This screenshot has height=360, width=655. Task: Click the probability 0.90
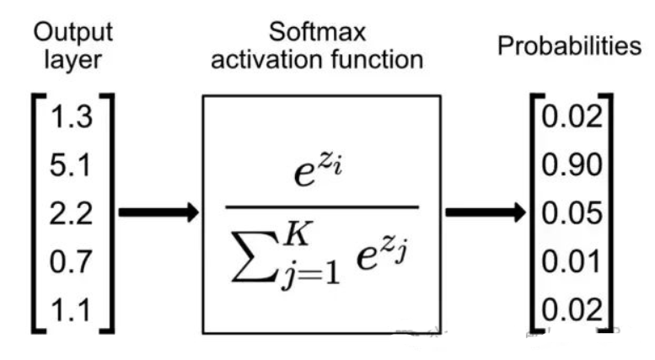coord(572,164)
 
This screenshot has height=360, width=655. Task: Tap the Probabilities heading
coord(567,46)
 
